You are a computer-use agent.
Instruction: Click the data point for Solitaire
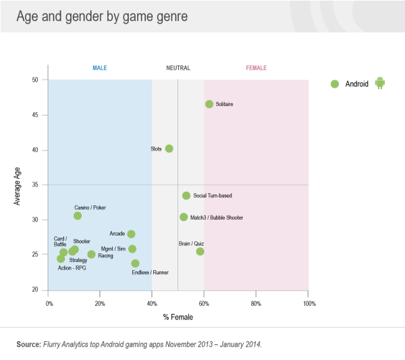[x=209, y=104]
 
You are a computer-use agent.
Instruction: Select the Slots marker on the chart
[x=169, y=149]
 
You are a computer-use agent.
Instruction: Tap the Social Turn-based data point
[x=186, y=195]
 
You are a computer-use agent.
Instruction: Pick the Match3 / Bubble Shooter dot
[x=184, y=217]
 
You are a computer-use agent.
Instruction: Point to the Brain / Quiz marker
[x=200, y=251]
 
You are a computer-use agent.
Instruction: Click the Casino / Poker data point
[x=78, y=215]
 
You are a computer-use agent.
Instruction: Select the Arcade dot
[x=131, y=234]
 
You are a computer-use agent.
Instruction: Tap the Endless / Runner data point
[x=135, y=263]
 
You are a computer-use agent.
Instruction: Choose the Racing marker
[x=91, y=255]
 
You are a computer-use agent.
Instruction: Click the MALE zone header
[x=100, y=68]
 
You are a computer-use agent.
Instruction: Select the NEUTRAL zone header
[x=178, y=68]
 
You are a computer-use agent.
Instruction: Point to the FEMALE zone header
[x=256, y=68]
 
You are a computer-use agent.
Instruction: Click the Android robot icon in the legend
[x=379, y=84]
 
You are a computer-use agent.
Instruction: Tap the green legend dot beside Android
[x=334, y=84]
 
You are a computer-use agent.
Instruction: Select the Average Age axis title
[x=19, y=185]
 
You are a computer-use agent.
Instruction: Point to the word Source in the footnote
[x=29, y=344]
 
